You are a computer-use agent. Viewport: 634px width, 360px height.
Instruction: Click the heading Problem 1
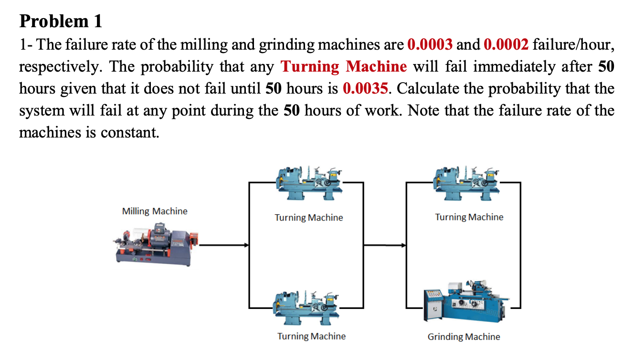61,21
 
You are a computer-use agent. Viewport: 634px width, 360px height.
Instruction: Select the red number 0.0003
430,45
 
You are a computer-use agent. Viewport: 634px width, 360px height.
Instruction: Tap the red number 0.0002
506,45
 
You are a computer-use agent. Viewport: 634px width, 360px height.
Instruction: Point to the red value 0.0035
365,88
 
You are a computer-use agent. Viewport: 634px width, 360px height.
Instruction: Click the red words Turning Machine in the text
344,66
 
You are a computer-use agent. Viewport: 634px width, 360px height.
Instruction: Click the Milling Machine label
155,211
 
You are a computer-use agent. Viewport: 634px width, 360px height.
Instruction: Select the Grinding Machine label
464,337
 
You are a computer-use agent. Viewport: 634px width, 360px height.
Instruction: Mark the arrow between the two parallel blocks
385,245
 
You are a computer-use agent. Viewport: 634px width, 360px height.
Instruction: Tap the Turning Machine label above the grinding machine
469,217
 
